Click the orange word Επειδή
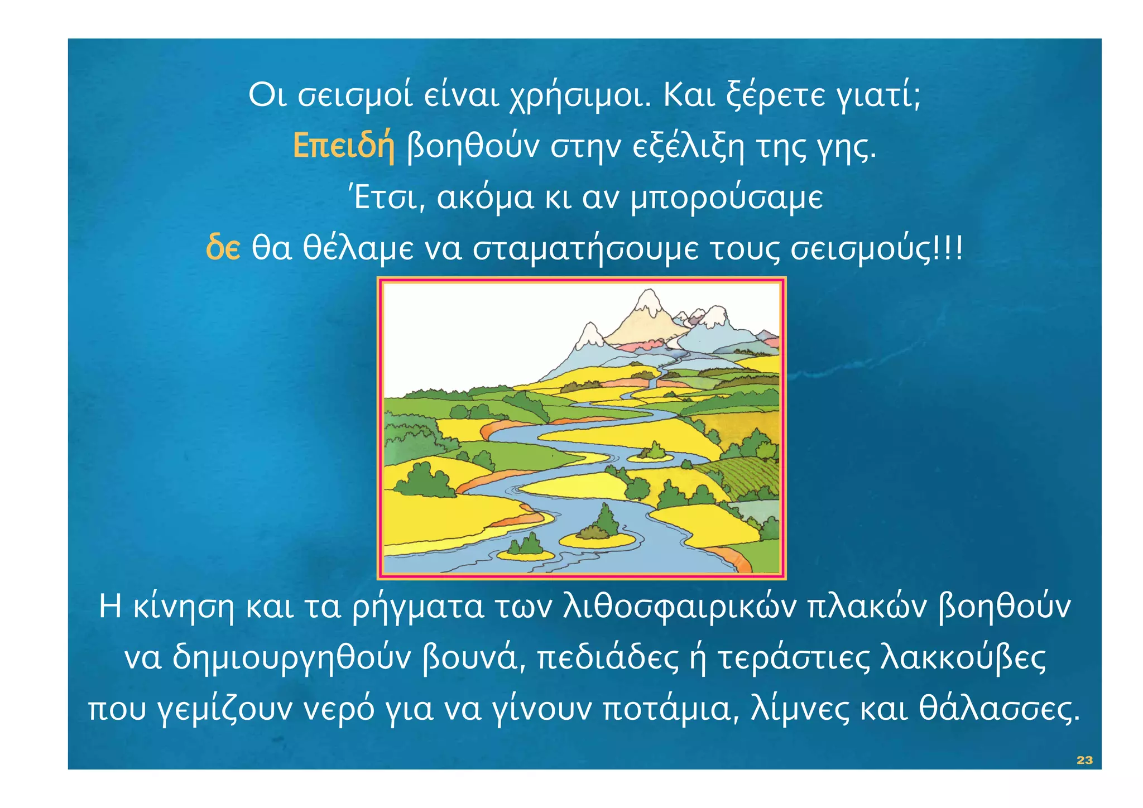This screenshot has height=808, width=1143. [x=344, y=146]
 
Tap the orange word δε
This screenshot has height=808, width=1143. [x=223, y=248]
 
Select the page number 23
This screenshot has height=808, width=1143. [x=1084, y=760]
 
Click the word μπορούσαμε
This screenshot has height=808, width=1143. [x=726, y=198]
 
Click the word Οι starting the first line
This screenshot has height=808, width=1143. [x=267, y=96]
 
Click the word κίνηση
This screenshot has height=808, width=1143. [x=184, y=607]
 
